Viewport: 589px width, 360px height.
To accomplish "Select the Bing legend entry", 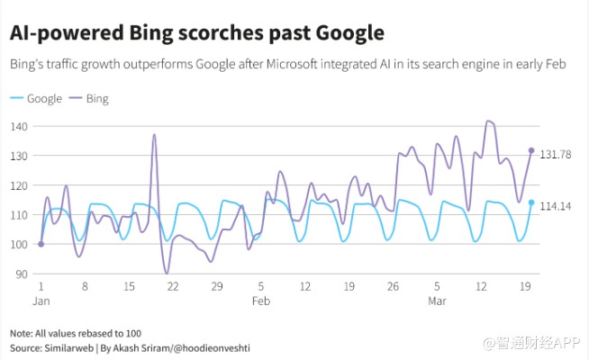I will (x=96, y=98).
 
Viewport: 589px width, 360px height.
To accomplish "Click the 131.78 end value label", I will (x=556, y=155).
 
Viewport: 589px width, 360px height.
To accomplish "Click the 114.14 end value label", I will (x=556, y=206).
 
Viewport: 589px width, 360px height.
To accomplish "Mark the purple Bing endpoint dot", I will (x=531, y=150).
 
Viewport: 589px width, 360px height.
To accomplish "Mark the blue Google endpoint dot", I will (x=531, y=202).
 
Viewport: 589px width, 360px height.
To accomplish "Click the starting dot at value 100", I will (x=41, y=243).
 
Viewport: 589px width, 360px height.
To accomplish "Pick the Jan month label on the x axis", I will (x=41, y=301).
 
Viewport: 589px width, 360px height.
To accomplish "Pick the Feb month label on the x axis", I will (x=261, y=301).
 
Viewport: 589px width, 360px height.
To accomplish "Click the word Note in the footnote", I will (x=22, y=332).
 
